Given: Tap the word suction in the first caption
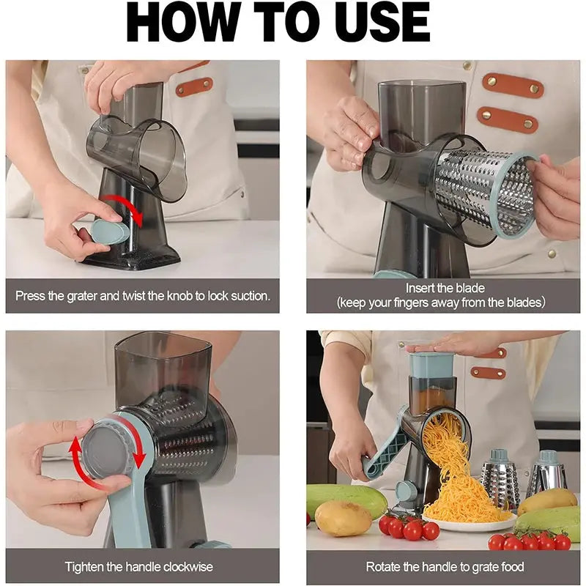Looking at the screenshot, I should coord(246,297).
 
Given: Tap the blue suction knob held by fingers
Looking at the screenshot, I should coord(109,232).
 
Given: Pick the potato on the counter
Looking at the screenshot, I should coord(343,519).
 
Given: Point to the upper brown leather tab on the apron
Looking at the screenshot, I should coord(512,86).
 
